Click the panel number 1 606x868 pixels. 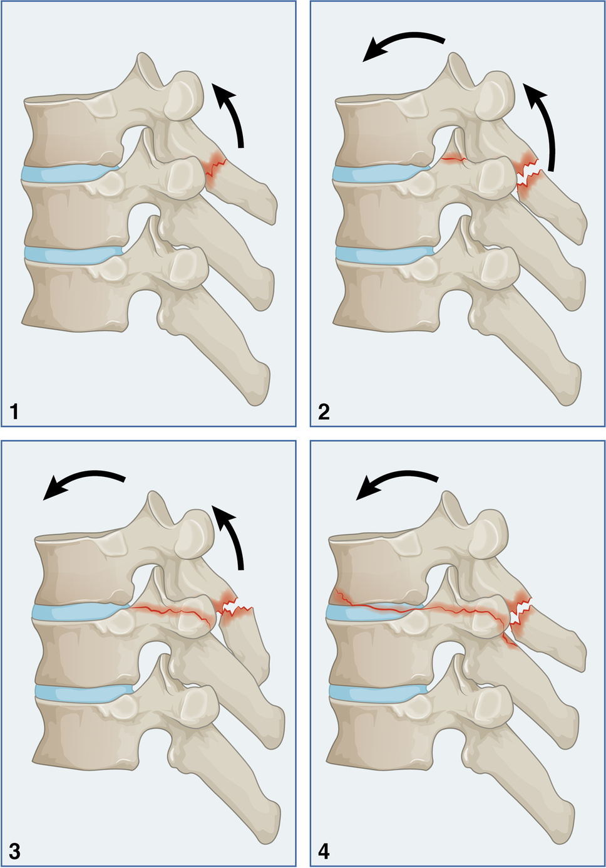[14, 412]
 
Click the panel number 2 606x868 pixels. [324, 412]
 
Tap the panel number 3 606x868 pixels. [14, 851]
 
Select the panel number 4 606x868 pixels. [324, 851]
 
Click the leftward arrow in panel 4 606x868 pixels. [394, 483]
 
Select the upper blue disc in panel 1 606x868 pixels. [69, 173]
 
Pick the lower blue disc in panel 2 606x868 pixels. [382, 253]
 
